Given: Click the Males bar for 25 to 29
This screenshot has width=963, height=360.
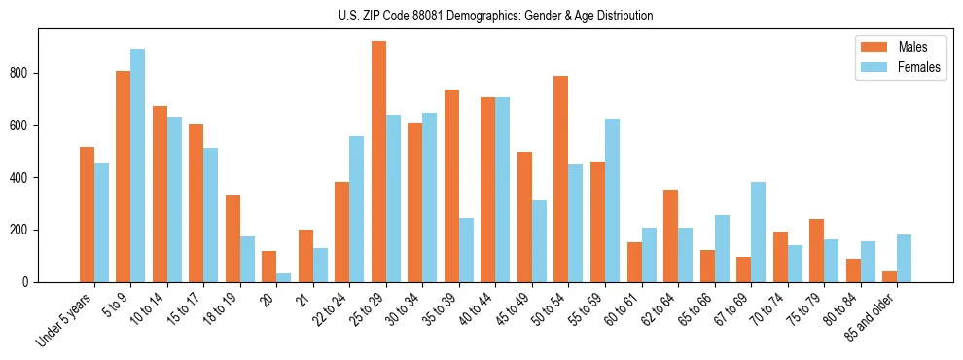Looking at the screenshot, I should coord(378,162).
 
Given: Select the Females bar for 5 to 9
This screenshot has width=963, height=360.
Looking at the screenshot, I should coord(138,165).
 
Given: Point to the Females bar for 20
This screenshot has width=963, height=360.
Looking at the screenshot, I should coord(284,277).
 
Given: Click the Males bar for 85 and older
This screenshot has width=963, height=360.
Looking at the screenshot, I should coord(890,276).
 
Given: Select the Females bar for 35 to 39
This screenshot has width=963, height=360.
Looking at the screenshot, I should coord(466,250).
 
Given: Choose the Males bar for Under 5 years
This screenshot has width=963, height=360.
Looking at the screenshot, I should coord(87,214).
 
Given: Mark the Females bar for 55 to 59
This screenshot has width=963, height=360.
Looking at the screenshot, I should coord(612,200).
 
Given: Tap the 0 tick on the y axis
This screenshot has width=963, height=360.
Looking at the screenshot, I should coord(33,282).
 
